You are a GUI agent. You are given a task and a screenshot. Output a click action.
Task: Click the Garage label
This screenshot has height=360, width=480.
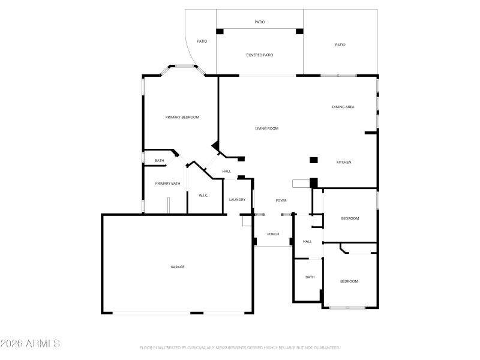tap(177, 266)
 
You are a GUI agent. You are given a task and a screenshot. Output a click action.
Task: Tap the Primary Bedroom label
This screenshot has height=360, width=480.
tap(182, 117)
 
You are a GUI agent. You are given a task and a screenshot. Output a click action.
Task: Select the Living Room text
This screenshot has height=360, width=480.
tap(267, 128)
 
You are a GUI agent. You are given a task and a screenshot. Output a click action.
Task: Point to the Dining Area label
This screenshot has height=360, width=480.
tap(343, 107)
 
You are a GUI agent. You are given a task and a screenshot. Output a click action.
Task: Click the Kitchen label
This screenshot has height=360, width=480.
tap(343, 163)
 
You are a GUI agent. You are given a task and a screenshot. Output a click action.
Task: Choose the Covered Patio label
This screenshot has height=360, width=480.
tap(260, 55)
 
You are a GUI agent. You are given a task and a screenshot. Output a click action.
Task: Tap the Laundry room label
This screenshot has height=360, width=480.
tap(237, 200)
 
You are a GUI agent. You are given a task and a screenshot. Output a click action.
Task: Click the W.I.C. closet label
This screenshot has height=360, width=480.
tap(203, 195)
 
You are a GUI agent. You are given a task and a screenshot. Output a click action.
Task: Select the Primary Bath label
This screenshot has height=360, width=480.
tap(167, 183)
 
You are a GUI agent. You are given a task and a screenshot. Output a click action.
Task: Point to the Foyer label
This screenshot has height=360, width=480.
tap(281, 200)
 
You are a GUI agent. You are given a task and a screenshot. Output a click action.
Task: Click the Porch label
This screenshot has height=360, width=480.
tap(273, 234)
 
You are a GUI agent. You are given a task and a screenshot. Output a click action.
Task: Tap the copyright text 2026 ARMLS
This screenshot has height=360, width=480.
tap(30, 344)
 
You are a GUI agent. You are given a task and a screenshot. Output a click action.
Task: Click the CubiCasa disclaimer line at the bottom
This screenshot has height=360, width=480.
tap(239, 348)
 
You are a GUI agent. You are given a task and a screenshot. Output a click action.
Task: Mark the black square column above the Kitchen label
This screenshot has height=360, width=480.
tap(313, 160)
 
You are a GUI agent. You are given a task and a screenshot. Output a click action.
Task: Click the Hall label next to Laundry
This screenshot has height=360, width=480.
tap(227, 172)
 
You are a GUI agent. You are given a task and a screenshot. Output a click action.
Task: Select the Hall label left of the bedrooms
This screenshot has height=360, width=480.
tap(307, 241)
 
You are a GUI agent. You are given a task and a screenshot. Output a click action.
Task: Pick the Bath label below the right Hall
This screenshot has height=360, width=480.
tap(310, 277)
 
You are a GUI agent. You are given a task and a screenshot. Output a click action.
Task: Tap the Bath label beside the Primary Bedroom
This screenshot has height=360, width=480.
tap(160, 160)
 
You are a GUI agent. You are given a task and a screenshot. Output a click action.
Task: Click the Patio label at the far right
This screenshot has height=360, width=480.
tap(340, 44)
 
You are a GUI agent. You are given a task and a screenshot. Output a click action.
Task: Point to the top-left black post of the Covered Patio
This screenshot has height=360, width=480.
tap(220, 31)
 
